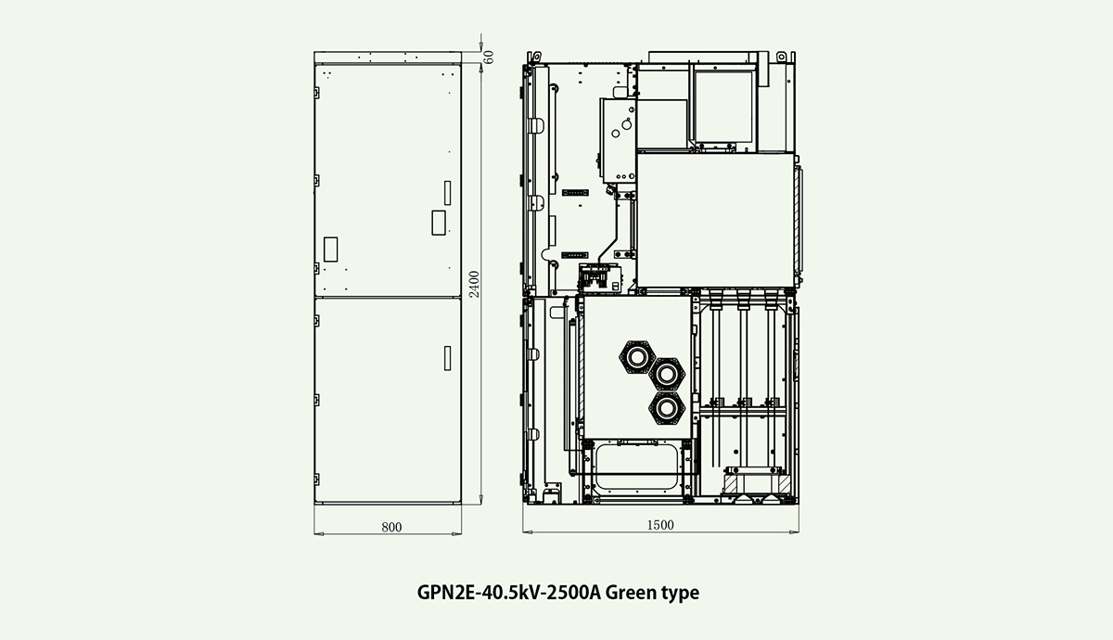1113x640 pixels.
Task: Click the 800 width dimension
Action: pos(391,527)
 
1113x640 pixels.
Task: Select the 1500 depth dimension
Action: pos(660,525)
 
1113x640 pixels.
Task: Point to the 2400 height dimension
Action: pos(475,284)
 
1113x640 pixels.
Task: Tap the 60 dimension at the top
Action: pos(489,58)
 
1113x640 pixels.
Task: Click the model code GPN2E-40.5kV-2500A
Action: pos(509,593)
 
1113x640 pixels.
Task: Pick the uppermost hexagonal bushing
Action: pos(637,356)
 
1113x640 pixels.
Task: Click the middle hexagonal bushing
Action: pos(667,374)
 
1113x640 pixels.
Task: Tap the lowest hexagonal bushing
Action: pos(667,408)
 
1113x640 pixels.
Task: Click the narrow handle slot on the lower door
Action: pos(447,358)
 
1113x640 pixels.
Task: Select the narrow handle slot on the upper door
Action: pos(447,193)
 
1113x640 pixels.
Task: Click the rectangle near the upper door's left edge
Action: pos(330,250)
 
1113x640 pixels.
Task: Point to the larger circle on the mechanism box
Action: pos(627,124)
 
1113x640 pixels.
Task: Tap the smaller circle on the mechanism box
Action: pos(616,134)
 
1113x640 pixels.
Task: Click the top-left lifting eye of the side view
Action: pos(533,58)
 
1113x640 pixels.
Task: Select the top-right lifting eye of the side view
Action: pos(782,58)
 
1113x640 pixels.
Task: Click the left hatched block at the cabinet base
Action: pos(731,484)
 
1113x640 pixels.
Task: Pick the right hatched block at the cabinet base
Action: pos(784,484)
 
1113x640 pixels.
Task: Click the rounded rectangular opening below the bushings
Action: pos(636,467)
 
